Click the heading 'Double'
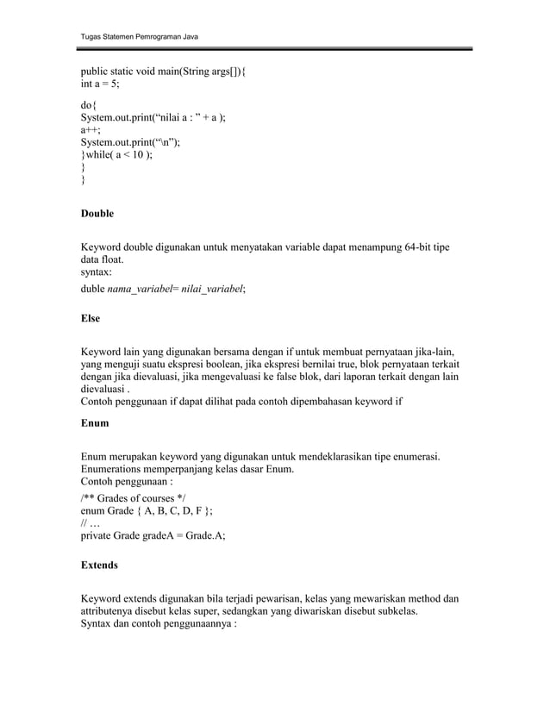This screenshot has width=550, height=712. pyautogui.click(x=97, y=213)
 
